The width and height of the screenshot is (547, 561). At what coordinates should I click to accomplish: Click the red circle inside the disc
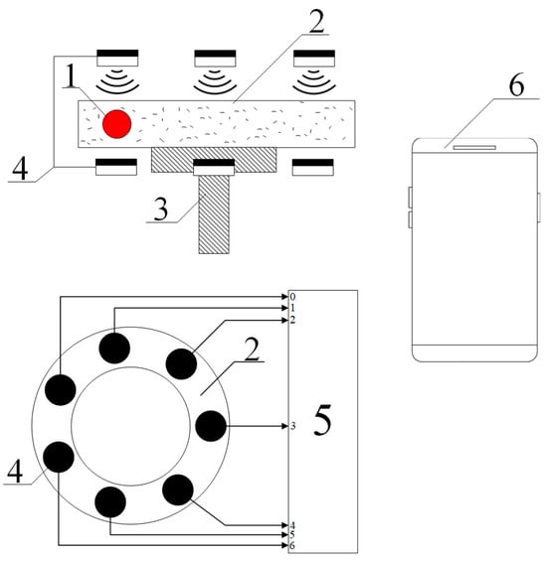click(116, 124)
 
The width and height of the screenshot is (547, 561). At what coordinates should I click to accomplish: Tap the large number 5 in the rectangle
click(322, 420)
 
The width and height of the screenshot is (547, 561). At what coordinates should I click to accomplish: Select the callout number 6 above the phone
click(516, 84)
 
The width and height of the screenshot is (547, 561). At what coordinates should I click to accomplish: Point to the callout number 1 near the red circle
click(72, 75)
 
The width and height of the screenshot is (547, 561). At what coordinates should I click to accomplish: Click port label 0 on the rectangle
click(292, 297)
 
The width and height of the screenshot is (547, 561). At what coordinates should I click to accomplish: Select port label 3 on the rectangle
click(292, 426)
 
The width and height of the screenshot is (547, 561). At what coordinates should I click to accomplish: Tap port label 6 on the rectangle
click(292, 546)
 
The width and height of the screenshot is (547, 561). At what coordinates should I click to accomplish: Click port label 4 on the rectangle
click(292, 525)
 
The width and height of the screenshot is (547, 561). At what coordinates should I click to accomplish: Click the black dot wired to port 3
click(211, 426)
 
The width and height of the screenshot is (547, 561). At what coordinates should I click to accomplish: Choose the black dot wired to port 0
click(61, 389)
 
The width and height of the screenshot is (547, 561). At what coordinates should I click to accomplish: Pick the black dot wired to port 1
click(114, 348)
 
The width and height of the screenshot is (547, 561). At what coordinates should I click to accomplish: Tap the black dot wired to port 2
click(181, 363)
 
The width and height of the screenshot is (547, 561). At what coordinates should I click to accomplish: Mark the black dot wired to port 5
click(110, 502)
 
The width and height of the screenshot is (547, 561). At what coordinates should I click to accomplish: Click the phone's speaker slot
click(474, 147)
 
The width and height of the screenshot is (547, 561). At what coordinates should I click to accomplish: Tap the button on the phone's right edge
click(539, 208)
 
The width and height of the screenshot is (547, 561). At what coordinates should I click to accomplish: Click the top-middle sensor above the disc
click(215, 59)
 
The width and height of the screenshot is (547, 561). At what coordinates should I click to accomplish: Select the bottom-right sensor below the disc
click(313, 167)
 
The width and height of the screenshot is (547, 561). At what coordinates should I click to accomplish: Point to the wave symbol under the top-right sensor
click(314, 82)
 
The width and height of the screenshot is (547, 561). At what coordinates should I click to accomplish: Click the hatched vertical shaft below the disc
click(214, 214)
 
